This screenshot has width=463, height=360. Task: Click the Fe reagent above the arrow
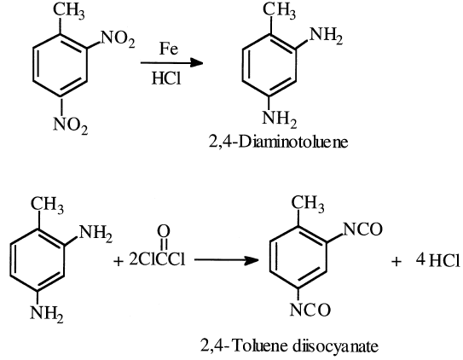coord(169,49)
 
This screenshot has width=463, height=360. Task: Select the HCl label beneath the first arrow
coord(166,78)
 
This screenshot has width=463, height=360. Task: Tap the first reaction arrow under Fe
coord(172,62)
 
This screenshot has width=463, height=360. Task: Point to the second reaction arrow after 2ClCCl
coord(226,260)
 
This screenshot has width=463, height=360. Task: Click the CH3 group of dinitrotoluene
coord(68,11)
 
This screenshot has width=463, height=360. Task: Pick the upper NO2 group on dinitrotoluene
coord(118,39)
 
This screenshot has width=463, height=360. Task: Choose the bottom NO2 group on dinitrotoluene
coord(71,125)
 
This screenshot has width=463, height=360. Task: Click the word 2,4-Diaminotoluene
coord(279,142)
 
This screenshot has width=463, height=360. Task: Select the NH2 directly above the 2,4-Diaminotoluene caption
coord(280,119)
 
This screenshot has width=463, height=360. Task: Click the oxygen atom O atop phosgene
coord(164,231)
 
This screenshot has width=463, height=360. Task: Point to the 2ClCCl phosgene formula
coord(157,260)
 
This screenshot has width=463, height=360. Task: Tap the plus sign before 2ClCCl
coord(119,261)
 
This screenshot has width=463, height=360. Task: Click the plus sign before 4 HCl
coord(396,261)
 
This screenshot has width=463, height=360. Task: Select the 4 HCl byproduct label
coord(438,260)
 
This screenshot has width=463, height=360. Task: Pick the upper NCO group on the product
coord(363,229)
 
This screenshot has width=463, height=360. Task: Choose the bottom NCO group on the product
coord(310,310)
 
